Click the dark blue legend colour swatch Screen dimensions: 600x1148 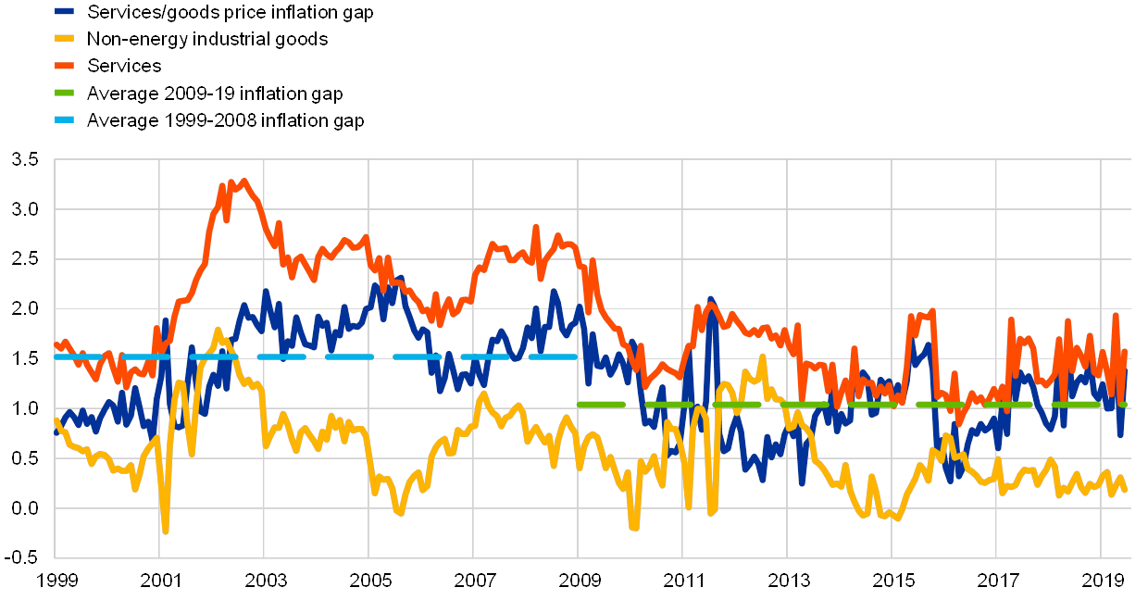(66, 13)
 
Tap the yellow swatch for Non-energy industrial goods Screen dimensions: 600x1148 (66, 40)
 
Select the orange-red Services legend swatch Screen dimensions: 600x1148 (66, 67)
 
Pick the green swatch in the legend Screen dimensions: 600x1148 (66, 94)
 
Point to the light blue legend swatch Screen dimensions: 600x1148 (66, 120)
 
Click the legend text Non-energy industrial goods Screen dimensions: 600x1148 (207, 40)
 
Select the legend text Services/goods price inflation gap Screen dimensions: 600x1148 (231, 13)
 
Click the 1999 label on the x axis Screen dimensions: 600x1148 (56, 581)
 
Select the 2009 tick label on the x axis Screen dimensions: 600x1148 (578, 581)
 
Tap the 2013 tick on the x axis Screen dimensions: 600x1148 (787, 581)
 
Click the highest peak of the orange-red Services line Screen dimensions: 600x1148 (243, 181)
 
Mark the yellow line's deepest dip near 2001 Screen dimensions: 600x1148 (166, 531)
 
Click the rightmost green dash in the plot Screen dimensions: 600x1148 (1076, 405)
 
